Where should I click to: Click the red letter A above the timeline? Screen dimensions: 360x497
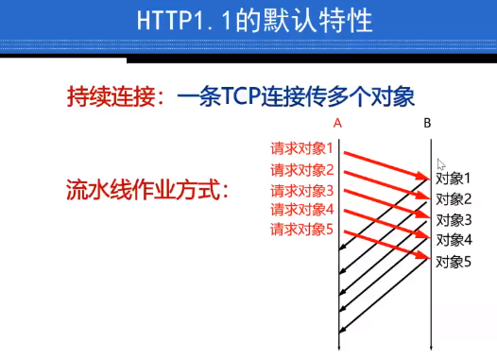338,123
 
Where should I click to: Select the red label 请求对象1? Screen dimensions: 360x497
302,149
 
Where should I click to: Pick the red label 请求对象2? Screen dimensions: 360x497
302,170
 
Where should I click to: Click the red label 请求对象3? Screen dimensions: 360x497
302,190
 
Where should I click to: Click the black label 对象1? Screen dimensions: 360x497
453,178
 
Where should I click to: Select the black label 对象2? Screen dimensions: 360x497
453,198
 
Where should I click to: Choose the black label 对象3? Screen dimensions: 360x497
453,219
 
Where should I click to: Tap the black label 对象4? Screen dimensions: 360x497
453,239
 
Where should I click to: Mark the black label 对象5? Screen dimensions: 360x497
453,261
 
